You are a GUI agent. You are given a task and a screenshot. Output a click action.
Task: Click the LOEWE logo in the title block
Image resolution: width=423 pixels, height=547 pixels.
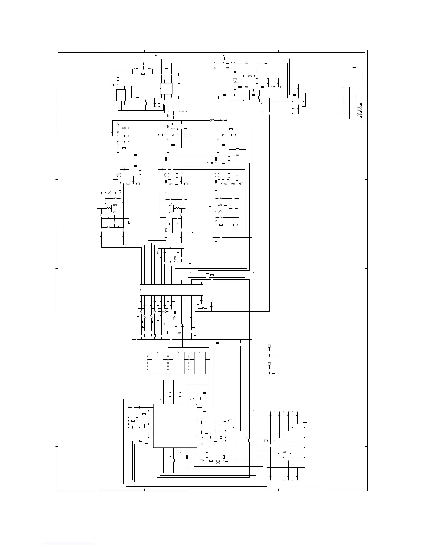click(359, 111)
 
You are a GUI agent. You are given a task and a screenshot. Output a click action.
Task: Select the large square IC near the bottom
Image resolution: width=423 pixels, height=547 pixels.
click(175, 426)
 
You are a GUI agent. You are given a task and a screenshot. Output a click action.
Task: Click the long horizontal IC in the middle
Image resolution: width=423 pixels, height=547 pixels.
click(171, 290)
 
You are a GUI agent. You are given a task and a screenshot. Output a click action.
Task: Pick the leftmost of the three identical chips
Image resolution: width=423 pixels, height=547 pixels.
click(158, 363)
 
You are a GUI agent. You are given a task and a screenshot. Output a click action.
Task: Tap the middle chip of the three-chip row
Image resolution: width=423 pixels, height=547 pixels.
click(179, 363)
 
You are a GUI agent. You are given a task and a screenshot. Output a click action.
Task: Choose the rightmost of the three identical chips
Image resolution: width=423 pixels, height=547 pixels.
click(200, 363)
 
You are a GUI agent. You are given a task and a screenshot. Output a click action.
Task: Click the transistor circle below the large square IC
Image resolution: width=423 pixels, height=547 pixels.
click(218, 462)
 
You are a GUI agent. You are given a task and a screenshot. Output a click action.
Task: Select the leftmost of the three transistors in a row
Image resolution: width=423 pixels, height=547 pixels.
click(119, 175)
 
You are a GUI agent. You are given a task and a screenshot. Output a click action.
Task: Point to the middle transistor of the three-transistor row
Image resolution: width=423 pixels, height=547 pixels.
click(167, 175)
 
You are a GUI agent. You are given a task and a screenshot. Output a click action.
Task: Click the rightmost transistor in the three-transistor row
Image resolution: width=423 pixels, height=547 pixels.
click(217, 175)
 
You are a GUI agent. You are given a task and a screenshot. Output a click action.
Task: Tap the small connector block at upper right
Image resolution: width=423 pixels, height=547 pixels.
click(304, 100)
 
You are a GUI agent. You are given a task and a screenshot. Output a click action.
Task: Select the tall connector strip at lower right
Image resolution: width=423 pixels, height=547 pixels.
click(304, 445)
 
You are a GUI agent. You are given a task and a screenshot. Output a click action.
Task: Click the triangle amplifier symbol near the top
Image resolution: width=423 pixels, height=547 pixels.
click(235, 81)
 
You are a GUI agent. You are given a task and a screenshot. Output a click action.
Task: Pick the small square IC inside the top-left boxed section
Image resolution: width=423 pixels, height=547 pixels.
click(166, 88)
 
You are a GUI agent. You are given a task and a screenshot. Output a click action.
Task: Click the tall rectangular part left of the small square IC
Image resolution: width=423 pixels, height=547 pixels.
click(121, 95)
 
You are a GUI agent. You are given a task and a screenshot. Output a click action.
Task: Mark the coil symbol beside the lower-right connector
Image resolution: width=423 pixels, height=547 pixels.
click(284, 452)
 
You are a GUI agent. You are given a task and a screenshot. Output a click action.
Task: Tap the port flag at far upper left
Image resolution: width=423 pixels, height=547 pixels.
click(112, 84)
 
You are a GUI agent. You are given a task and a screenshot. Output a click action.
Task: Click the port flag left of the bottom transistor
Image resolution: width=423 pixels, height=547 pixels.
click(201, 461)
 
